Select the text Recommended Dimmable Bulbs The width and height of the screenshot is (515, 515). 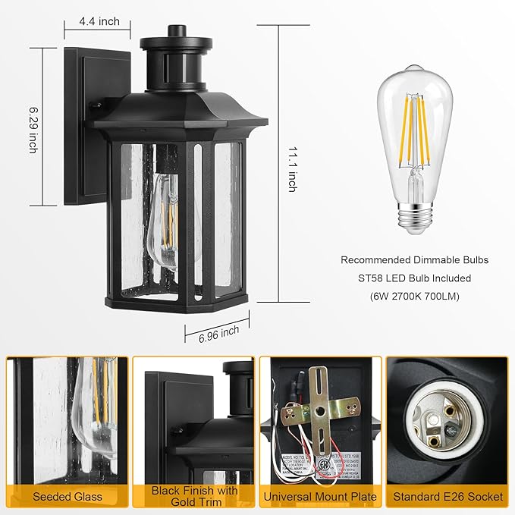point(414,260)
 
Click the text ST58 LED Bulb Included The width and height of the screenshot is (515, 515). point(414,278)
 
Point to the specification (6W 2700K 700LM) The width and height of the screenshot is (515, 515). point(414,297)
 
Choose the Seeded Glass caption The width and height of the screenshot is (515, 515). point(67,498)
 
